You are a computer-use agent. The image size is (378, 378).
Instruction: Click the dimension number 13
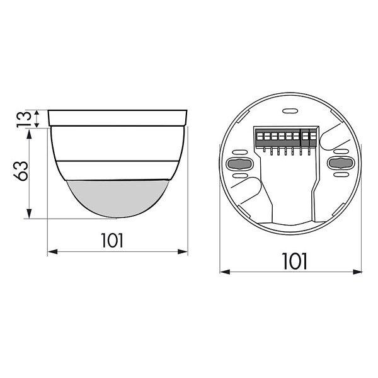(24, 119)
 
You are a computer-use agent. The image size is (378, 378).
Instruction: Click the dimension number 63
(21, 171)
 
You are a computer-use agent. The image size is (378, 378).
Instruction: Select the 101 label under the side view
(112, 241)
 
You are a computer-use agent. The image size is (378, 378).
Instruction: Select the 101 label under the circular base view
(295, 261)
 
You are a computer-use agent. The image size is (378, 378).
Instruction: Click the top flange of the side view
(117, 118)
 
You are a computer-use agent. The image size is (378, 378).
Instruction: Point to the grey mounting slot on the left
(239, 164)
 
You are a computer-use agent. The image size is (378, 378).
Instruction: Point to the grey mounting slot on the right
(341, 163)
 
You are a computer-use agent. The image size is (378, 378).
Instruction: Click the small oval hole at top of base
(290, 111)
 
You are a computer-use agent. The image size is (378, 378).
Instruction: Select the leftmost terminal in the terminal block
(260, 137)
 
